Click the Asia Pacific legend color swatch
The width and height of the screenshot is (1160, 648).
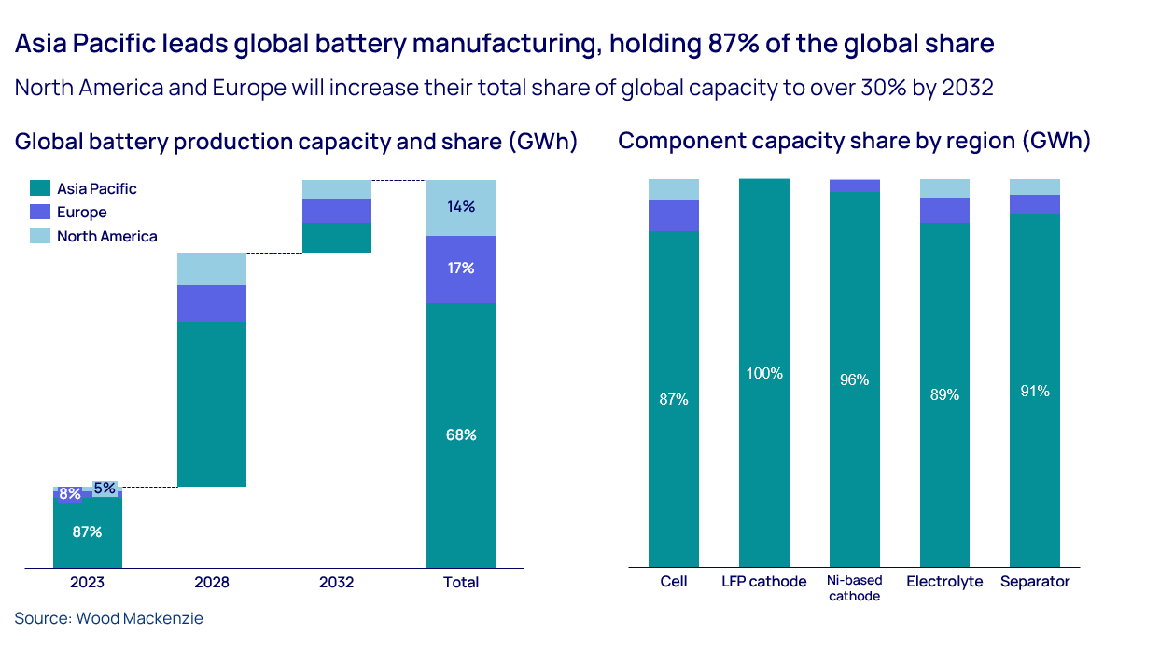point(39,188)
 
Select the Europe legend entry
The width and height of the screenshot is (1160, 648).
point(81,213)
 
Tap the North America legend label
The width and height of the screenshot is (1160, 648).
point(106,237)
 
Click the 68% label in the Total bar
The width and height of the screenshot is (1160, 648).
point(461,435)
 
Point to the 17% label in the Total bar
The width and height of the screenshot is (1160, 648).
point(461,269)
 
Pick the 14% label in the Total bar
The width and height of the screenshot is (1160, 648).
point(461,207)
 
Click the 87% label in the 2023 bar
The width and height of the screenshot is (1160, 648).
point(87,532)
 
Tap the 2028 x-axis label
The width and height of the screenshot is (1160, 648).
point(212,582)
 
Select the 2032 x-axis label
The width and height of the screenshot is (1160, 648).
point(336,582)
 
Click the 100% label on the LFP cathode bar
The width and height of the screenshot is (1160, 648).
point(764,374)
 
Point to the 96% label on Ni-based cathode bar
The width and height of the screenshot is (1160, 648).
point(854,379)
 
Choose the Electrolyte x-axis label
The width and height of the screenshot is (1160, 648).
point(944,582)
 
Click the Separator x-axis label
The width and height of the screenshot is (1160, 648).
point(1035,582)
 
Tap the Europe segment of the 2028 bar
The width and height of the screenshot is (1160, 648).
point(212,304)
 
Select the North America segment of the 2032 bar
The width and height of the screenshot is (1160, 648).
point(336,189)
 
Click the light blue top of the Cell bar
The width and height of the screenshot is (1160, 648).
point(674,188)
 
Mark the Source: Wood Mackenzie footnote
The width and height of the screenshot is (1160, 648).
point(108,618)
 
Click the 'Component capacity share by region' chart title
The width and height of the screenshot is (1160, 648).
point(854,142)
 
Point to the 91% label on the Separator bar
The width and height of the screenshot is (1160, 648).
point(1035,392)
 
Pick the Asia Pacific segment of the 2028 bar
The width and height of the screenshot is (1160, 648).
point(212,404)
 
